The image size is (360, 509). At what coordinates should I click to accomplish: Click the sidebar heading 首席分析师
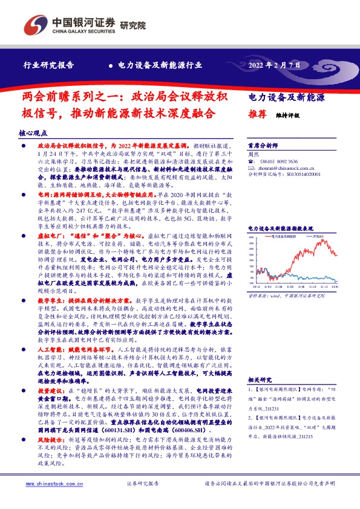(x=263, y=146)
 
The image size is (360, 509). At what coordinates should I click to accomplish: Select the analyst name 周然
(x=254, y=154)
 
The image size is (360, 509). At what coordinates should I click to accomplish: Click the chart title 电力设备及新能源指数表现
(x=284, y=228)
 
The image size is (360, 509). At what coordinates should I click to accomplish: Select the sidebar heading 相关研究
(x=259, y=379)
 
